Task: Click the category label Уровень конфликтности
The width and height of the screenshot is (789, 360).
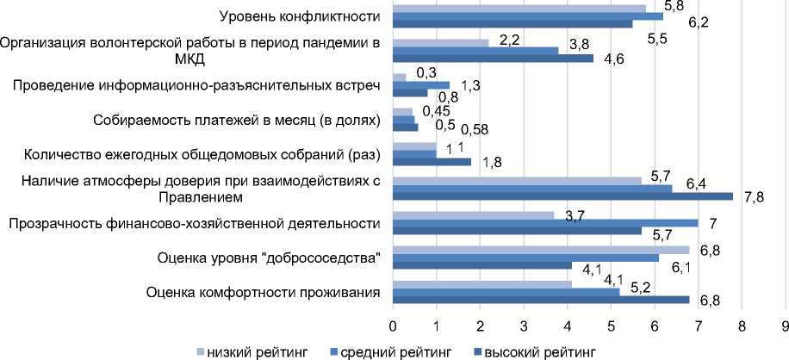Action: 299,16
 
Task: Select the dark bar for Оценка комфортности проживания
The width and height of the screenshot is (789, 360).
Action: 541,300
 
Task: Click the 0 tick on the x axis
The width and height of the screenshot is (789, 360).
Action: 393,327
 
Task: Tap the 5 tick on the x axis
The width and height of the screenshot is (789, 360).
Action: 612,327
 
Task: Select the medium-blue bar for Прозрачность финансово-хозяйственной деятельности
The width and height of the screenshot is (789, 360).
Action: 545,223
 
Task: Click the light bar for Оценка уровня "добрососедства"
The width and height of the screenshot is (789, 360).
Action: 541,250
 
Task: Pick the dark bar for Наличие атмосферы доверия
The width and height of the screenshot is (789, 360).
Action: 562,196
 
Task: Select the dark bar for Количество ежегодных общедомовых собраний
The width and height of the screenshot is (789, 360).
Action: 432,161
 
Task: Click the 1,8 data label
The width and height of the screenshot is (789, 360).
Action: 491,162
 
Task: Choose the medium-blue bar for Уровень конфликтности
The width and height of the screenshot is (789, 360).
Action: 528,16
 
